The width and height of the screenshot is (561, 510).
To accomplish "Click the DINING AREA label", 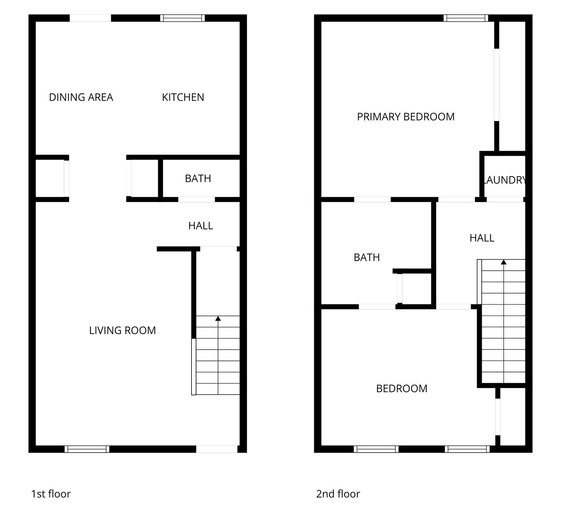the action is point(81,97).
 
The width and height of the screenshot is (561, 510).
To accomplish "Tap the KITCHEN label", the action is point(183,97).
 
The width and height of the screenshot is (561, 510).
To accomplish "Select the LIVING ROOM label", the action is point(123,330).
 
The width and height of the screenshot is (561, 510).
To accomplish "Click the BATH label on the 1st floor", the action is point(198,178).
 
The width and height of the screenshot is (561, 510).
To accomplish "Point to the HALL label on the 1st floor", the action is point(200,226).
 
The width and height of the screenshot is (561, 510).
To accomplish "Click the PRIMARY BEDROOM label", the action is point(406,117).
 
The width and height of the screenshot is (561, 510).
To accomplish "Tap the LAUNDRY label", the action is point(505,180).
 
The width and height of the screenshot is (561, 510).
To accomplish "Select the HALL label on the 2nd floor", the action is point(482,238).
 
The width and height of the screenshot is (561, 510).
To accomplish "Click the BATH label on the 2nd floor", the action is point(367,257).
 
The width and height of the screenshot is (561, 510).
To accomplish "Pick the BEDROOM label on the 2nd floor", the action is point(402,389).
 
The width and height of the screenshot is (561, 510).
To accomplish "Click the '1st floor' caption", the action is point(51,494).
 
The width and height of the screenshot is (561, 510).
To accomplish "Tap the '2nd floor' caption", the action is point(338,494).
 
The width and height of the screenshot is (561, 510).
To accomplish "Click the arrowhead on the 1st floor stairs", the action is point(218,318).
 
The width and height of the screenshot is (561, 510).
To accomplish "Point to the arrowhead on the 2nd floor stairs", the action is point(504,262).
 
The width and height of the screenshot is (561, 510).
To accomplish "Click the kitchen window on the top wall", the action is point(183,18).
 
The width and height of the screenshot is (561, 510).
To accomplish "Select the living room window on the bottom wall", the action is point(87,449).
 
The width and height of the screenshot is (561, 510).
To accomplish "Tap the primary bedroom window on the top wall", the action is point(466,18).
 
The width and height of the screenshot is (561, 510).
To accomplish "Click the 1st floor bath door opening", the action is point(197,199).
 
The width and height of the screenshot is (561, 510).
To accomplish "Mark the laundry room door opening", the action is point(505,199).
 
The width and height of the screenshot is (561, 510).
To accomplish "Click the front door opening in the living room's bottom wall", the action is point(217,449).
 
